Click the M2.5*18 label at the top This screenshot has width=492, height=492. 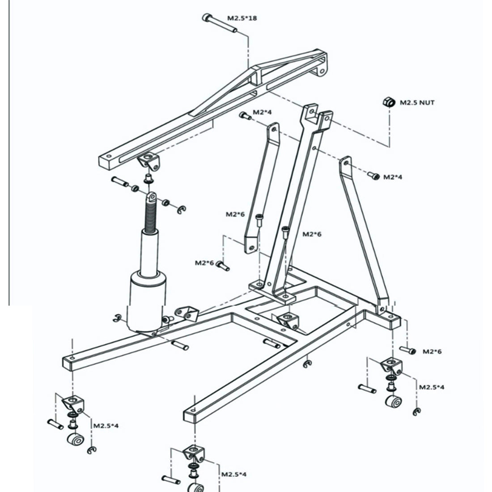click(x=242, y=18)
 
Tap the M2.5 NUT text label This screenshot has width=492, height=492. click(x=417, y=102)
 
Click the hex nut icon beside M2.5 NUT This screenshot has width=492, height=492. click(x=387, y=102)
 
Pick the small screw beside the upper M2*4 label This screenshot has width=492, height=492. click(x=244, y=115)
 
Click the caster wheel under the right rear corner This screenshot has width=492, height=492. click(x=393, y=402)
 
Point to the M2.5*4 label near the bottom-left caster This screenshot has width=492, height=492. click(x=106, y=425)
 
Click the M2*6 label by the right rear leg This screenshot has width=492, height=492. click(x=432, y=352)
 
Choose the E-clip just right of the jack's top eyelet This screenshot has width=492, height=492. click(x=181, y=208)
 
